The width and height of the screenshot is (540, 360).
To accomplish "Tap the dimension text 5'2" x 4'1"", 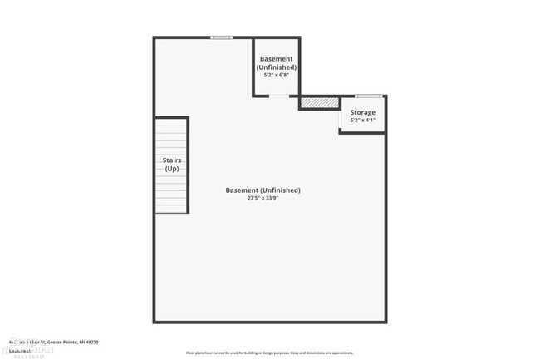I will coord(362,121).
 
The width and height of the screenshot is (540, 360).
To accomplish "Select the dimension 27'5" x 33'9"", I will coord(263,199).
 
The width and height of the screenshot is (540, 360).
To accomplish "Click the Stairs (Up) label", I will coord(172,164).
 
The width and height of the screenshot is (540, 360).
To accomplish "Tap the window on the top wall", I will coord(221,37).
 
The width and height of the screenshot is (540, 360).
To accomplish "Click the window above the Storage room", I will coord(368,96).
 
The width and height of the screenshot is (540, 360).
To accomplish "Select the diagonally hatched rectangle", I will coord(320,102).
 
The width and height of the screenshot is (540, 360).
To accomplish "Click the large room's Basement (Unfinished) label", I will coord(263,190).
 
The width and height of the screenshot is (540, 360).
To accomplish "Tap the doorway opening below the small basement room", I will coord(280,96).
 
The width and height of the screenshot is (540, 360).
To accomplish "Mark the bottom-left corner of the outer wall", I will coord(155,321).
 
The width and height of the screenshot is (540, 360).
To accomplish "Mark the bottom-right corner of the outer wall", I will coord(385,321).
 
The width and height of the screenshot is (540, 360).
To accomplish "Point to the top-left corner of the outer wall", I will coord(155,38).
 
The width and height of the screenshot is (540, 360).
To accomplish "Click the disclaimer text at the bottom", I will coord(269,353).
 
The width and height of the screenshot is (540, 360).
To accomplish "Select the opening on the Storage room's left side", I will coord(341,121).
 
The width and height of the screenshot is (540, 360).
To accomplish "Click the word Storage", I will coord(362,112).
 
